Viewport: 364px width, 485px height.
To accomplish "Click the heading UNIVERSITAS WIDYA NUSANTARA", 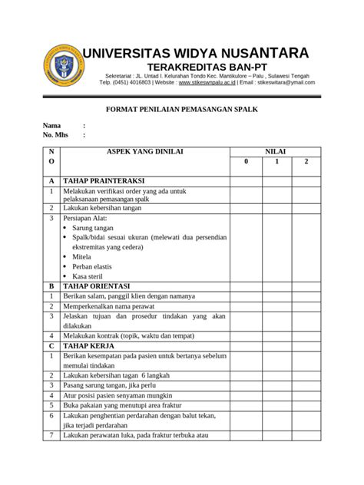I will (x=197, y=53).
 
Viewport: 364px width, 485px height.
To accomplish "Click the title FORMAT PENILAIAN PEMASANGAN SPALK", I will (x=181, y=110).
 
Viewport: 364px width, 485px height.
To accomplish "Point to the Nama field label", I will (x=51, y=125).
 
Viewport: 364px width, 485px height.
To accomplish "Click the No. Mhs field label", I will (x=55, y=135).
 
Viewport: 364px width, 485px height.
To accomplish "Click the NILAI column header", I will (x=275, y=152).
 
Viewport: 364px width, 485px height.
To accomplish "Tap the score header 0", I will (x=247, y=162).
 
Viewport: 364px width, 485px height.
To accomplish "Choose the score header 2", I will (x=305, y=162).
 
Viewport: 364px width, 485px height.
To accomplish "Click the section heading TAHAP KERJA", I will (x=88, y=346).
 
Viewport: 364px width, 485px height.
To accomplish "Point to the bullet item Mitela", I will (x=82, y=257).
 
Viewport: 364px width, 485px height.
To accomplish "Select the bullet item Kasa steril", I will (x=88, y=275).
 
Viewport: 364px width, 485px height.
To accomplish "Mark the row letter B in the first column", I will (x=51, y=285).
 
